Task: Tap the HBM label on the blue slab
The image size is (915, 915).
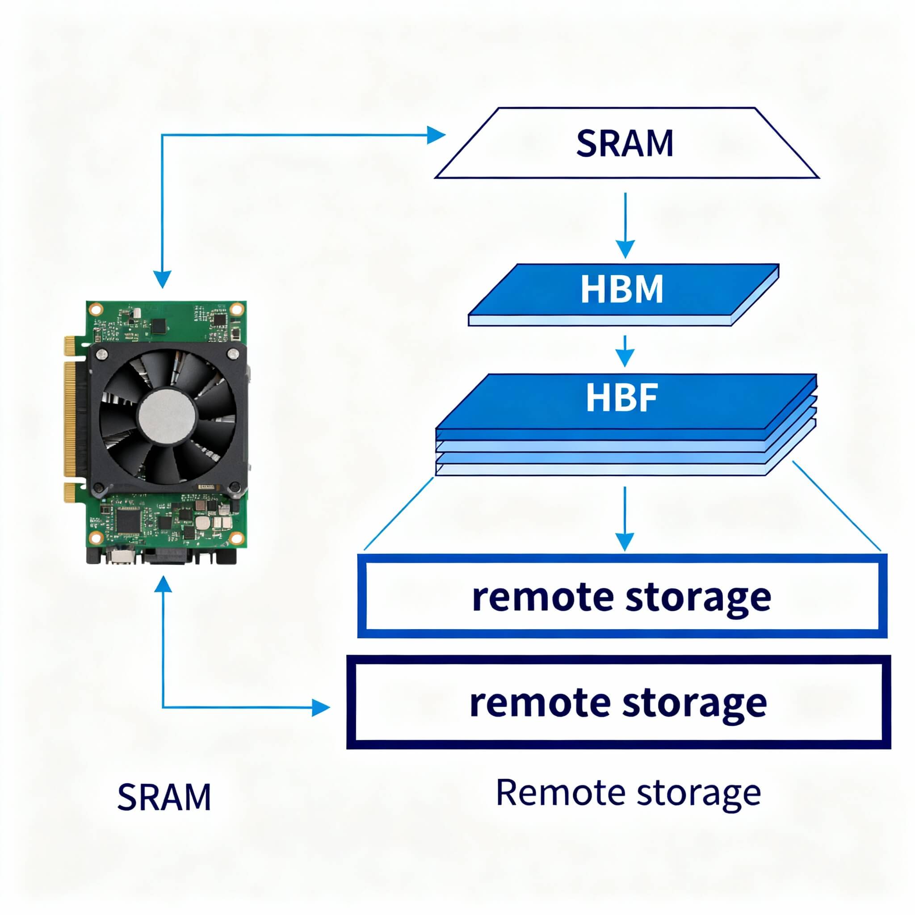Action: tap(621, 290)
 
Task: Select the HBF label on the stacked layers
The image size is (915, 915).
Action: tap(621, 398)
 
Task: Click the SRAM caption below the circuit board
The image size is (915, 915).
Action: tap(164, 797)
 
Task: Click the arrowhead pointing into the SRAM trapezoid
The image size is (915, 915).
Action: tap(436, 135)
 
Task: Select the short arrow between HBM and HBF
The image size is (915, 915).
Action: tap(625, 351)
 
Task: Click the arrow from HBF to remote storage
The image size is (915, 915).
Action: tap(625, 519)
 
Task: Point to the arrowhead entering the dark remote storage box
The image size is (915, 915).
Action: tap(321, 708)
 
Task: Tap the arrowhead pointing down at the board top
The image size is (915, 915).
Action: tap(163, 279)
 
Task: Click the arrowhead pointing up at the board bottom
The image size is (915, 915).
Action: tap(163, 584)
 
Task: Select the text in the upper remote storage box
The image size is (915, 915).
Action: tap(621, 598)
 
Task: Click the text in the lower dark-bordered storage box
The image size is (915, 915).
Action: tap(618, 703)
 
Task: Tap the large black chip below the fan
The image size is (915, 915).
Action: tap(127, 521)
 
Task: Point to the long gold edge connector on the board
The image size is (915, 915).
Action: tap(71, 420)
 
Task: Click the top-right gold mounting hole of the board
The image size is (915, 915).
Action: tap(235, 310)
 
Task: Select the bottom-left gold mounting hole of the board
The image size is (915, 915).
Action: tap(96, 537)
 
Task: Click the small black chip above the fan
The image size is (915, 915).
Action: tap(159, 326)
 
